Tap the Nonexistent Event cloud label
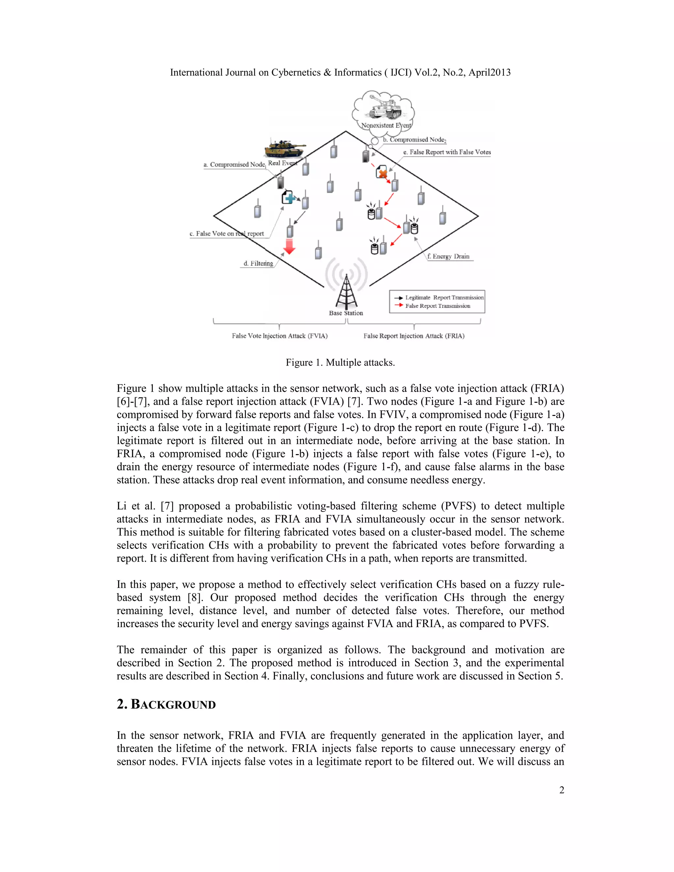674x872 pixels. pos(386,125)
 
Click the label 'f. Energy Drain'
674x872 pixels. pos(448,256)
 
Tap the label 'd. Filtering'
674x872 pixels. pos(258,264)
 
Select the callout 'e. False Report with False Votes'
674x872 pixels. pos(447,152)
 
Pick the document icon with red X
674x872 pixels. pos(382,172)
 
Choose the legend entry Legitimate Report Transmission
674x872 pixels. pos(444,297)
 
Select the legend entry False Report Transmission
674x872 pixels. pos(437,306)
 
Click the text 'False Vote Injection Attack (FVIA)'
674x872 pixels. pos(279,336)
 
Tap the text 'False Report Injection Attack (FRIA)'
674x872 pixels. pos(414,336)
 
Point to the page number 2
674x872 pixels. pos(561,790)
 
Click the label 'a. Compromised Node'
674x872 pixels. pos(234,165)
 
